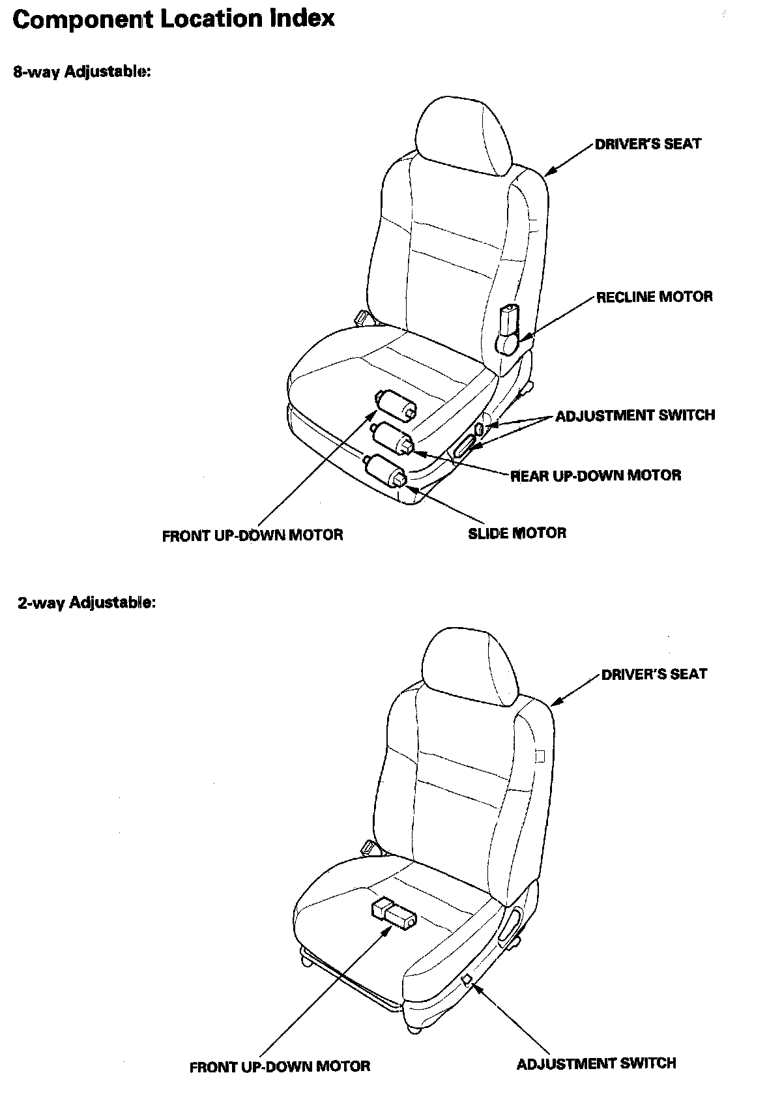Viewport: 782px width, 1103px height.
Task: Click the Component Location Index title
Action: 173,20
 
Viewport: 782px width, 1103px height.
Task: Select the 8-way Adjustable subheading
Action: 82,72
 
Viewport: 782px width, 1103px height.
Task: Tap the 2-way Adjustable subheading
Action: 87,602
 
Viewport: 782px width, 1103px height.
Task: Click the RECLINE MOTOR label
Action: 654,297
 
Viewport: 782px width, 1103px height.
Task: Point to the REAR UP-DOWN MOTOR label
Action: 596,475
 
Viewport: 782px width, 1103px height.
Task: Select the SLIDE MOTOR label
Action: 517,533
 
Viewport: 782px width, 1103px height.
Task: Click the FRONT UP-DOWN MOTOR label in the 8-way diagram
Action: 252,536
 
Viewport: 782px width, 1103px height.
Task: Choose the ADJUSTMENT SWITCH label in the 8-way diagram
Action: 635,415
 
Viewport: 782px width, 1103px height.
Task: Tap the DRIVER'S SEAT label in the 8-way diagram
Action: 648,144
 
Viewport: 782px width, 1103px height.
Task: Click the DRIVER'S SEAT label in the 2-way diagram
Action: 654,674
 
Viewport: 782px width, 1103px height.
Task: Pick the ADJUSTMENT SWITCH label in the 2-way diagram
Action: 596,1064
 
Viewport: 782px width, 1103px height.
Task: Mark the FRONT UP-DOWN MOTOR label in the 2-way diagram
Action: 280,1067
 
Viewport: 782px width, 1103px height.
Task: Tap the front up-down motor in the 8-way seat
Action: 394,404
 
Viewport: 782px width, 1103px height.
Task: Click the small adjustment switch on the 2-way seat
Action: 467,980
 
